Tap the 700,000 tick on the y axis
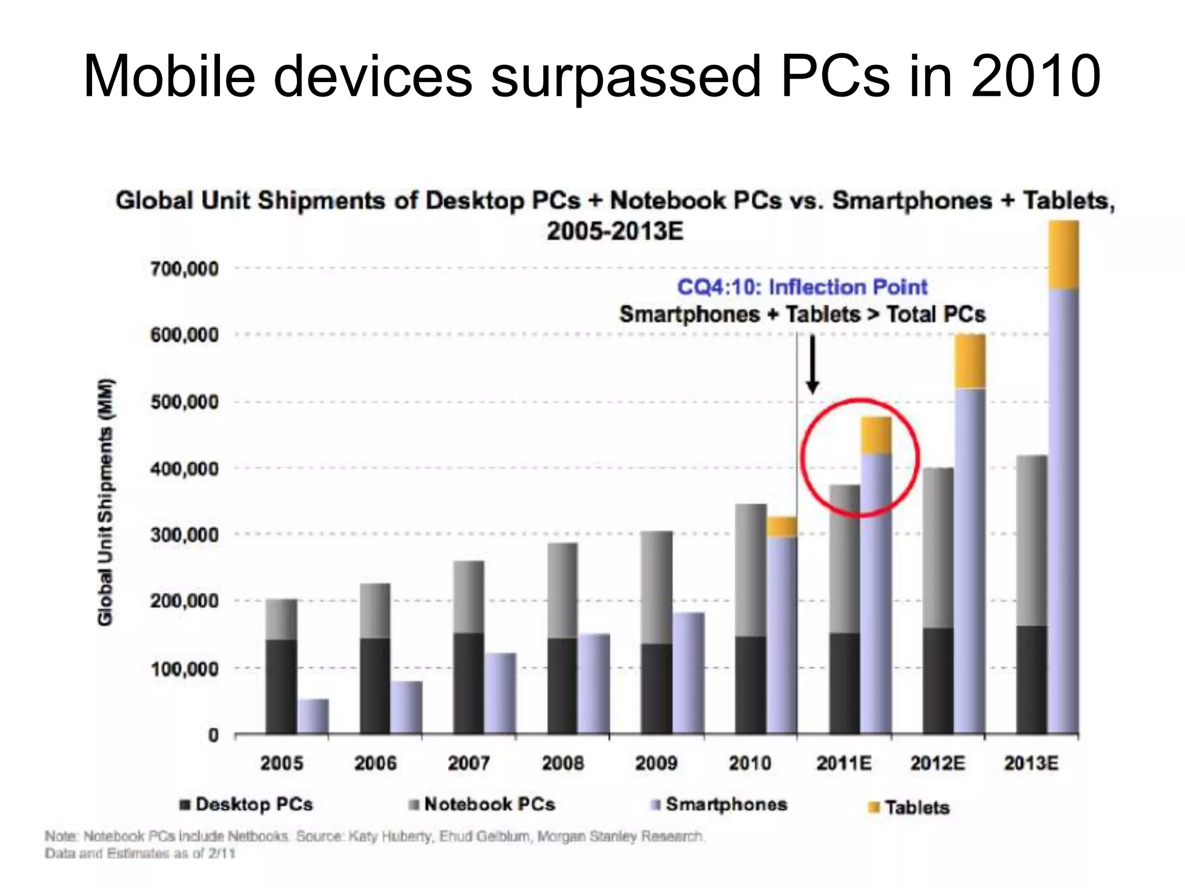(184, 269)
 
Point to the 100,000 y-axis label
(184, 669)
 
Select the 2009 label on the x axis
(656, 763)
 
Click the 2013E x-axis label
(1031, 763)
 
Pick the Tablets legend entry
(917, 807)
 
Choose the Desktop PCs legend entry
(253, 804)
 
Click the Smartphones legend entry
(726, 804)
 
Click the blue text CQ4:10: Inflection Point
(802, 287)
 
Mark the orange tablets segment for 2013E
(1063, 254)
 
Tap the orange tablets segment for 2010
(782, 527)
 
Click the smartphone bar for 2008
(594, 683)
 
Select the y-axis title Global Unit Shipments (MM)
(105, 501)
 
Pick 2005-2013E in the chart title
(614, 231)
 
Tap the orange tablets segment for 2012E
(970, 361)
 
